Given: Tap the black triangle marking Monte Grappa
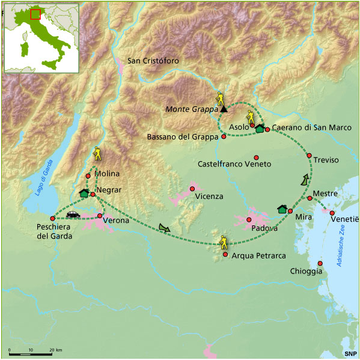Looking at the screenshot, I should [x=224, y=109].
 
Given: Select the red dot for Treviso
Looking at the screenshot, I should [x=309, y=156].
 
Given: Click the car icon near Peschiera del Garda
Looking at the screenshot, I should [x=73, y=214].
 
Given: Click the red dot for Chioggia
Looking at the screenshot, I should [x=320, y=263].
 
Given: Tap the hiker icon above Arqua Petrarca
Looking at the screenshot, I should [x=224, y=242].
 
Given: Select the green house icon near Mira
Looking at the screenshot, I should [x=281, y=209].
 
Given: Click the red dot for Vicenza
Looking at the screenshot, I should [x=192, y=189].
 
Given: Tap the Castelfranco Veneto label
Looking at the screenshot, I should [x=234, y=164].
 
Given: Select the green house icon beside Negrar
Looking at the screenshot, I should [x=84, y=193].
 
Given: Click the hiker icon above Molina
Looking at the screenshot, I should [x=97, y=154].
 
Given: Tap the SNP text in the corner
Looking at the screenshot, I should [x=350, y=353].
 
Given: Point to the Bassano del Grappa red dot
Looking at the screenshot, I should [x=224, y=136].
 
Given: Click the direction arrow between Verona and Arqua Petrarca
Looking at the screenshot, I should [x=165, y=227].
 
